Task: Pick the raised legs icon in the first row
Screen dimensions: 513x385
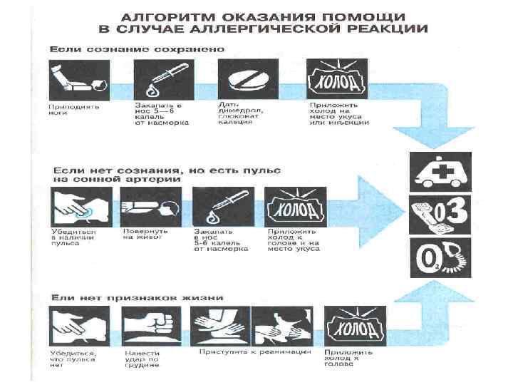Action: coord(78,79)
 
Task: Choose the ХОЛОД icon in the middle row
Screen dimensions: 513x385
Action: coord(294,207)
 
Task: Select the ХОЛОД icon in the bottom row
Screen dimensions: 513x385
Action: coord(355,325)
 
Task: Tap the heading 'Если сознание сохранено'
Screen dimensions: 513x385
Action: coord(137,49)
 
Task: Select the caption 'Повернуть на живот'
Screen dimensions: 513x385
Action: coord(144,236)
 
